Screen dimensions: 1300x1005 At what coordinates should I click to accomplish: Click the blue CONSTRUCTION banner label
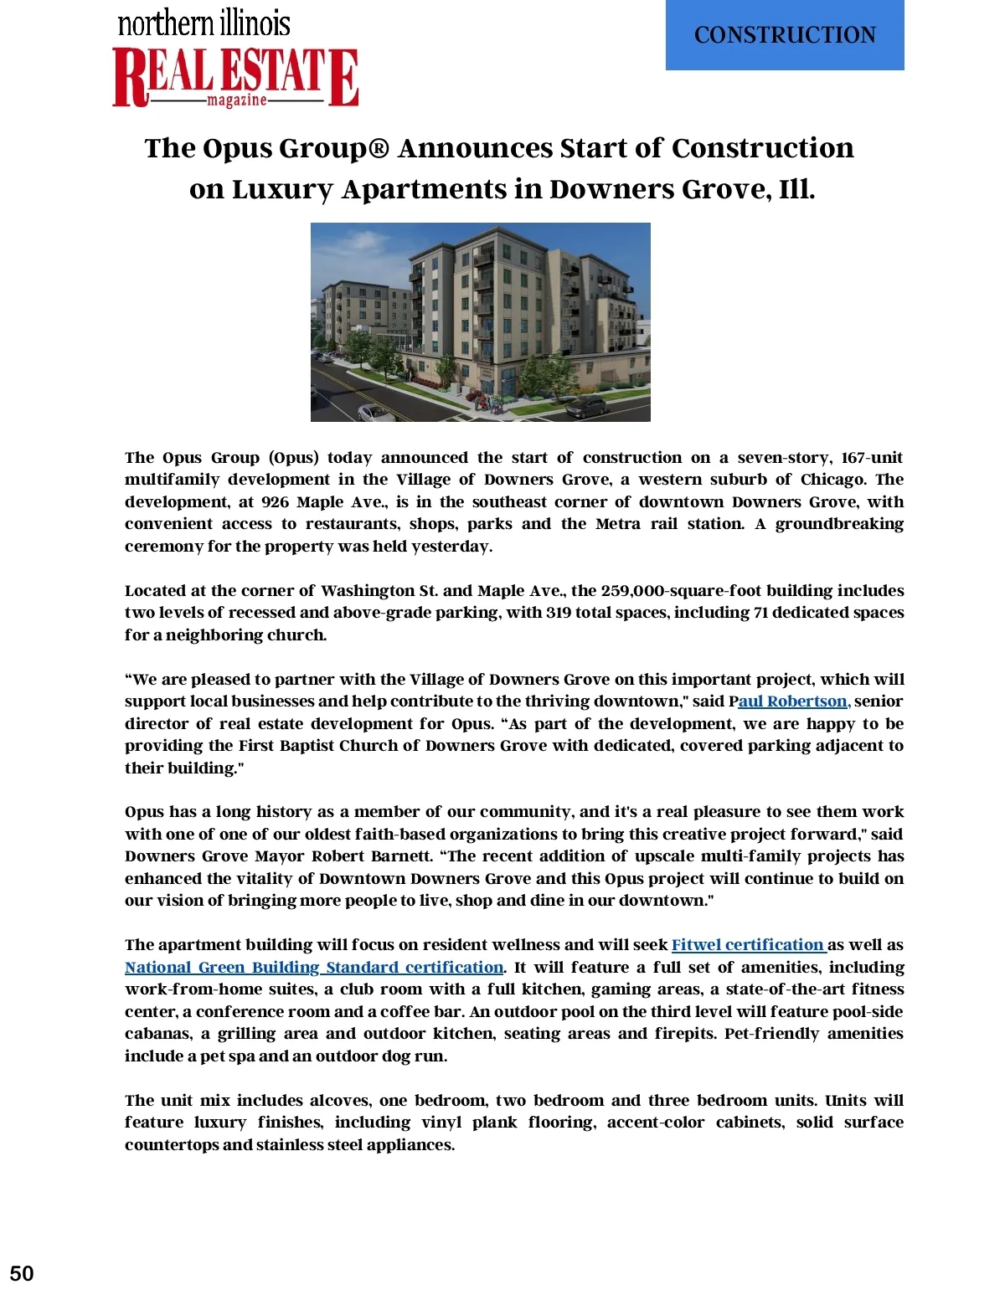pyautogui.click(x=785, y=35)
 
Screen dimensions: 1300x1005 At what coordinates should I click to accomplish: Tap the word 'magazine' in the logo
pyautogui.click(x=237, y=100)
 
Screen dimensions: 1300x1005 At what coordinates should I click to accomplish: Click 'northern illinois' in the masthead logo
pyautogui.click(x=204, y=23)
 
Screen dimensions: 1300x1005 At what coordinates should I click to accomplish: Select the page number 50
pyautogui.click(x=22, y=1273)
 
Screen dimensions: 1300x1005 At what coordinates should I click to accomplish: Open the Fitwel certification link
pyautogui.click(x=748, y=945)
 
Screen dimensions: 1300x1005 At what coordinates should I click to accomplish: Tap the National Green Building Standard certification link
pyautogui.click(x=314, y=968)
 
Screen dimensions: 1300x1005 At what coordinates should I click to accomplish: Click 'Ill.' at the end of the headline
pyautogui.click(x=796, y=190)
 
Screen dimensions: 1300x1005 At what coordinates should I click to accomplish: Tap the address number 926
pyautogui.click(x=276, y=502)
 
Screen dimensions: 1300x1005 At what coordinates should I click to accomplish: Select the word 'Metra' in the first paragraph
pyautogui.click(x=618, y=524)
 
